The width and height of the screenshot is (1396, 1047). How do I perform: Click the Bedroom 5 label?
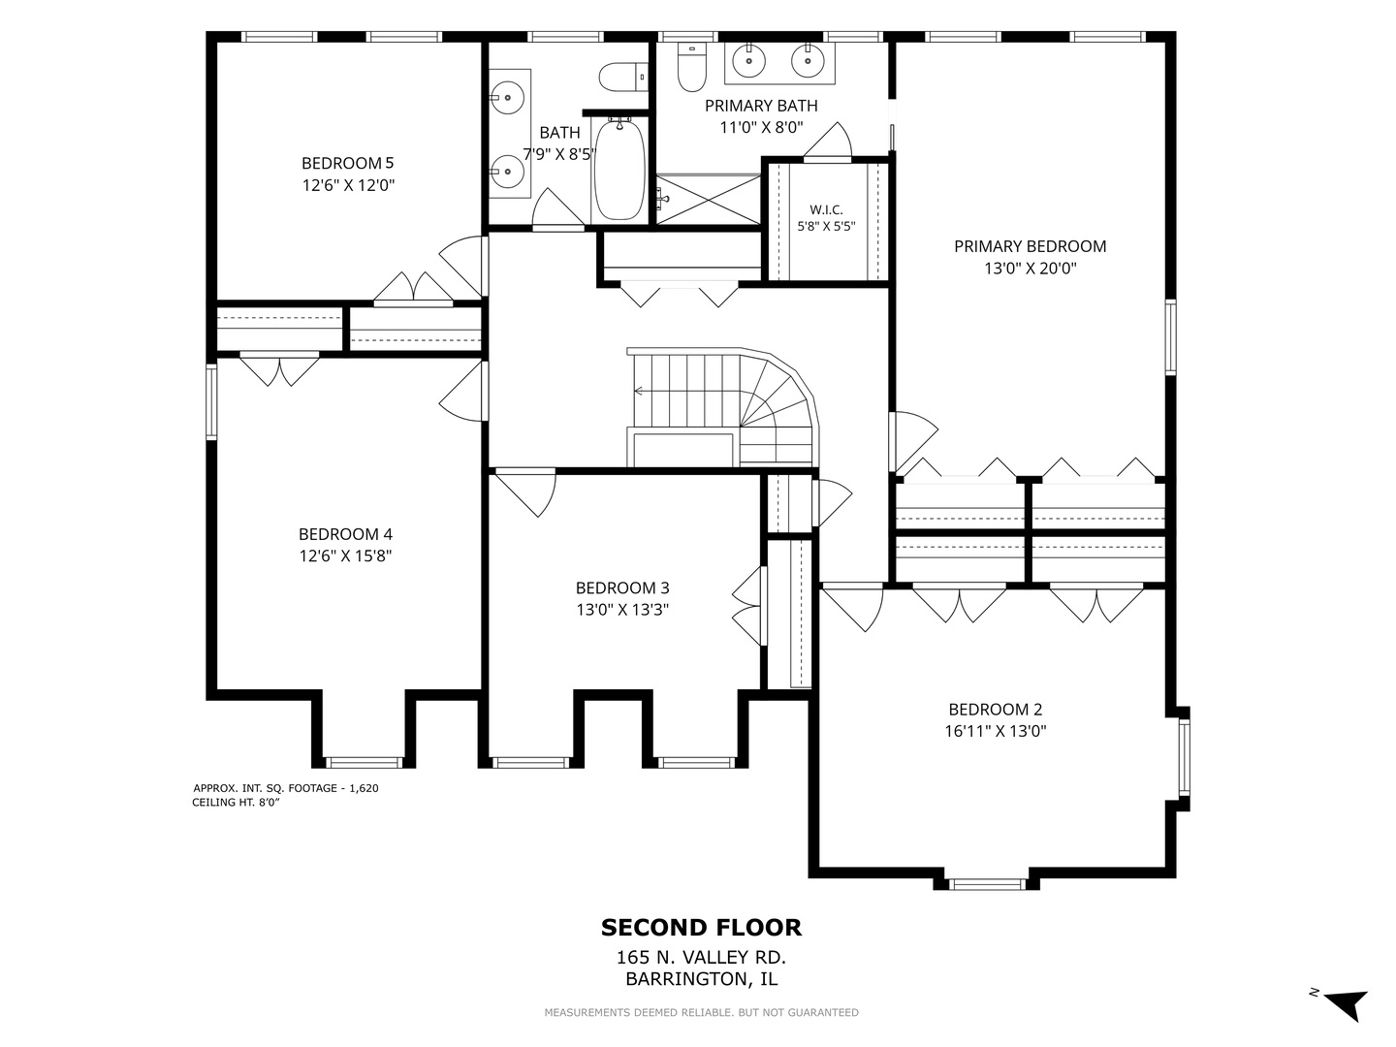(x=347, y=164)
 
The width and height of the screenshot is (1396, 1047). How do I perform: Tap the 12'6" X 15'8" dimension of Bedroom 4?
(x=345, y=556)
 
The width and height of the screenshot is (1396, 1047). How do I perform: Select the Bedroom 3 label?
(x=622, y=588)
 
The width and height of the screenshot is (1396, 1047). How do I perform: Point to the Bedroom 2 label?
(x=996, y=710)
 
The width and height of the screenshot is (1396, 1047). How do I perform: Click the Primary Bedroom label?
(x=1031, y=246)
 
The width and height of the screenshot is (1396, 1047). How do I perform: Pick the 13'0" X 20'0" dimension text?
(x=1031, y=269)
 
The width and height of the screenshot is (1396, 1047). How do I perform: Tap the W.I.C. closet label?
(x=826, y=209)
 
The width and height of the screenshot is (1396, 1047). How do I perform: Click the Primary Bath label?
(x=761, y=107)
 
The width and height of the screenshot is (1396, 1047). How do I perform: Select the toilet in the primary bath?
(x=692, y=66)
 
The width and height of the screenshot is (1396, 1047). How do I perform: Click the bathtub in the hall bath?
(x=619, y=170)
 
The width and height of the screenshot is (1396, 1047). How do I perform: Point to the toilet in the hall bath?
(x=623, y=77)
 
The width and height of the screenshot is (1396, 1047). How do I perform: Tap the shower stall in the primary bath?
(x=709, y=200)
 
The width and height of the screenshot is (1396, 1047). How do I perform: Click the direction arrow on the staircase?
(x=639, y=391)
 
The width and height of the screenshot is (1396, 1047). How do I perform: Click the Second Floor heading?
(x=702, y=928)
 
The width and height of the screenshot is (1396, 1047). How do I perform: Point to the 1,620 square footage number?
(x=364, y=788)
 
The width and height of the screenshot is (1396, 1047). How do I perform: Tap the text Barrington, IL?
(x=702, y=979)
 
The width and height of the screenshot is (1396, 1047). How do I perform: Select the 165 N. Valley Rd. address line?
(x=702, y=957)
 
